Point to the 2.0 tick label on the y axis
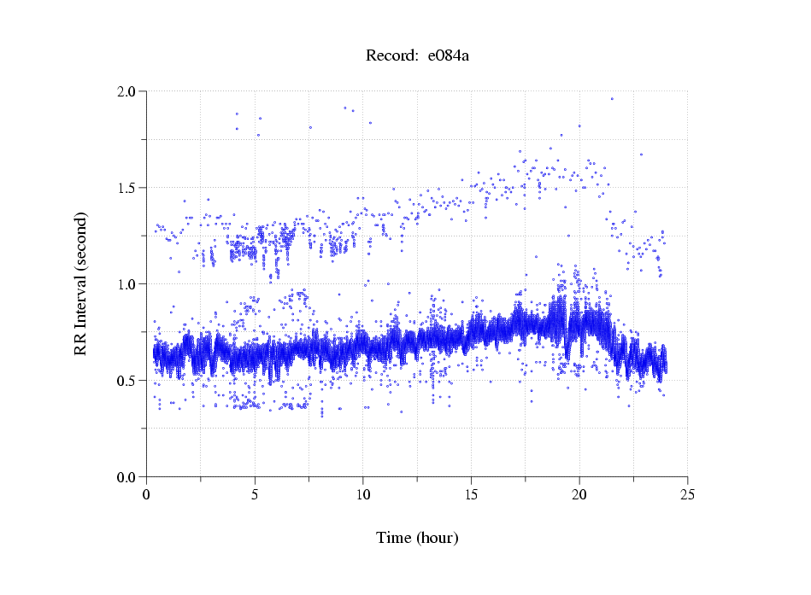coord(127,91)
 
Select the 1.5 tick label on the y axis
coord(127,188)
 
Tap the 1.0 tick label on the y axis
coord(127,284)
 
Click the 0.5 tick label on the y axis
coord(127,381)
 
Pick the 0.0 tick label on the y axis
coord(127,477)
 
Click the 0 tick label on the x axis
coord(147,493)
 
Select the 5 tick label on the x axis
coord(255,493)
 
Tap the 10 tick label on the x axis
coord(363,493)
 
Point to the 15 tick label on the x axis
coord(471,493)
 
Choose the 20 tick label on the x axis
coord(579,493)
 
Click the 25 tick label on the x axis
coord(687,493)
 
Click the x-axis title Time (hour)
coord(417,538)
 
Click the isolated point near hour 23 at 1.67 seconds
coord(641,155)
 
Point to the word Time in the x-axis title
coord(393,538)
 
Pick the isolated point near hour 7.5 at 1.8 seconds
coord(310,127)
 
